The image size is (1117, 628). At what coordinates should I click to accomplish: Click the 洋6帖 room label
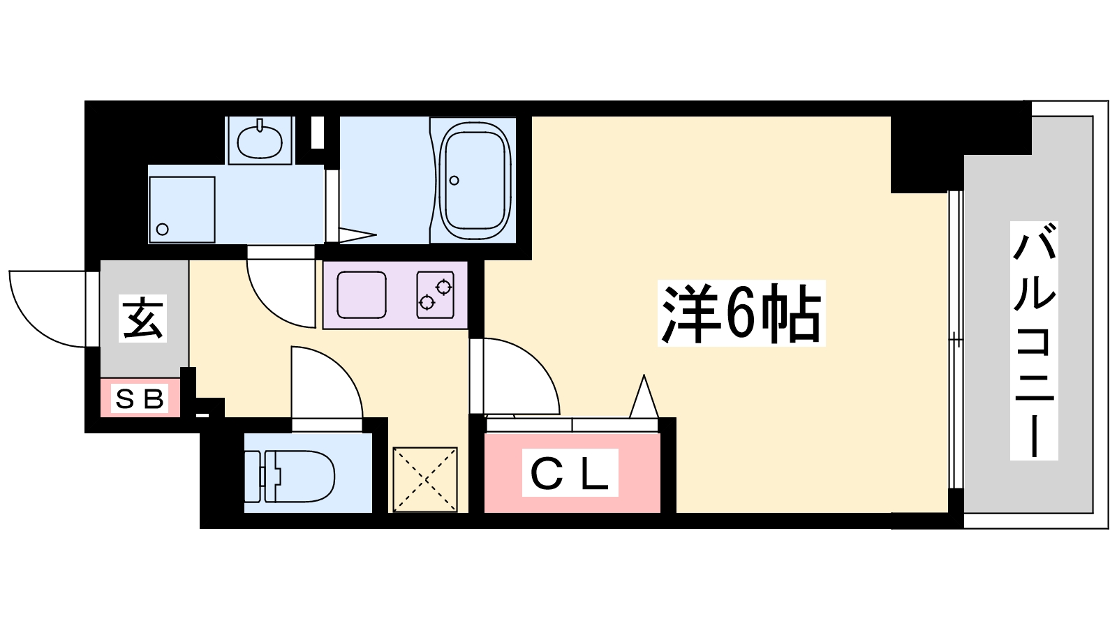(741, 314)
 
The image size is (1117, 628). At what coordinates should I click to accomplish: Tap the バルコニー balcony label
(1034, 341)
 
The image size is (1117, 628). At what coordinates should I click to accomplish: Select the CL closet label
(570, 474)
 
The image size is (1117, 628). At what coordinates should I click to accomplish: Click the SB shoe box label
(140, 399)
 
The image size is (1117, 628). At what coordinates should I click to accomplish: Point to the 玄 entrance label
(143, 318)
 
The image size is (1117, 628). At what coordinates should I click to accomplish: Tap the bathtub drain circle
(454, 181)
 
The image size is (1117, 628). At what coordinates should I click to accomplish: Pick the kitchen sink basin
(362, 294)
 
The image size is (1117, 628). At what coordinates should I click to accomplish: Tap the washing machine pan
(182, 209)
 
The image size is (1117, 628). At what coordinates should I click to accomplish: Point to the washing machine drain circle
(163, 229)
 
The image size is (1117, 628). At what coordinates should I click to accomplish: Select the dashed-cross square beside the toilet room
(424, 479)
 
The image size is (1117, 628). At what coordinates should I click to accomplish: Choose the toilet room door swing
(325, 384)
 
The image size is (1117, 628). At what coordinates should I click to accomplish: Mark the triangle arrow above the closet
(644, 398)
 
